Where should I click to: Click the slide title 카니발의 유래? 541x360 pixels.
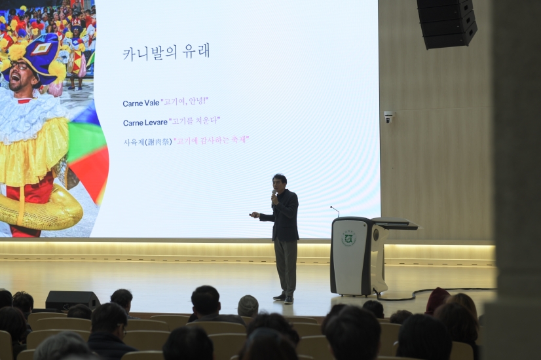(x=166, y=52)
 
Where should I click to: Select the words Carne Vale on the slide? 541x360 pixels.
(x=140, y=103)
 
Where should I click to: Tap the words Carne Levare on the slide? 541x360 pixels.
(x=145, y=122)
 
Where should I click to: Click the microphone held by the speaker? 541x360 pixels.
(x=274, y=194)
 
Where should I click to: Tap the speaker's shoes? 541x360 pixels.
(x=284, y=298)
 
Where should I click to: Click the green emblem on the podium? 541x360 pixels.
(x=348, y=238)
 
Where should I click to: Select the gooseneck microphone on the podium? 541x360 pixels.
(x=335, y=211)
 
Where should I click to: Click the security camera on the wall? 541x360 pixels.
(x=388, y=117)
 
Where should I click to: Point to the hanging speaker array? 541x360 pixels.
(x=447, y=23)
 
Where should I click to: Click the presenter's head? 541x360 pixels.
(x=280, y=181)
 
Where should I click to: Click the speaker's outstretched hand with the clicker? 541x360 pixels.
(x=254, y=215)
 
